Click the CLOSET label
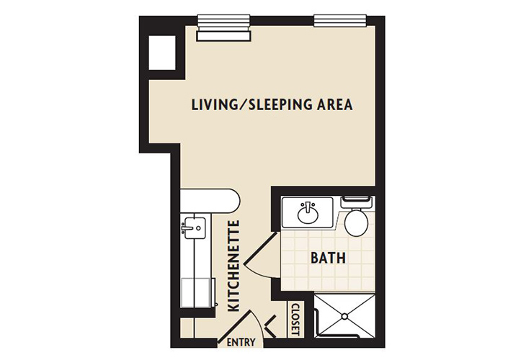(x=295, y=319)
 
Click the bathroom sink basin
(x=307, y=212)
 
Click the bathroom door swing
(x=257, y=253)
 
